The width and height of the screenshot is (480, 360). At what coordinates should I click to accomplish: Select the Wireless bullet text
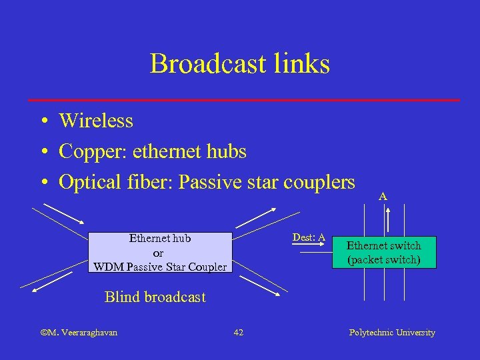pyautogui.click(x=96, y=121)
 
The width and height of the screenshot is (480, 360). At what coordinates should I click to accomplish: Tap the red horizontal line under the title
pyautogui.click(x=243, y=100)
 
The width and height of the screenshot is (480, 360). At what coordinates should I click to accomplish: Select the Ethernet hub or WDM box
pyautogui.click(x=159, y=253)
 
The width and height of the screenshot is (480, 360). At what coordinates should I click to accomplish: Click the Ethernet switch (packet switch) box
pyautogui.click(x=383, y=253)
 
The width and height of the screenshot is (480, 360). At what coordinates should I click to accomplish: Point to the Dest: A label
pyautogui.click(x=309, y=238)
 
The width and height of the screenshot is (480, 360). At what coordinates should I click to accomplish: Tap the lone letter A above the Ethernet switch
pyautogui.click(x=383, y=197)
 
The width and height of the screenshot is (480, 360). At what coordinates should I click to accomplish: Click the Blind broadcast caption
pyautogui.click(x=155, y=297)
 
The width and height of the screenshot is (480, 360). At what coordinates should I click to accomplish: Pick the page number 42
pyautogui.click(x=238, y=333)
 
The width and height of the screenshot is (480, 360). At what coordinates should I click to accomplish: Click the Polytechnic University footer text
pyautogui.click(x=392, y=333)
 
